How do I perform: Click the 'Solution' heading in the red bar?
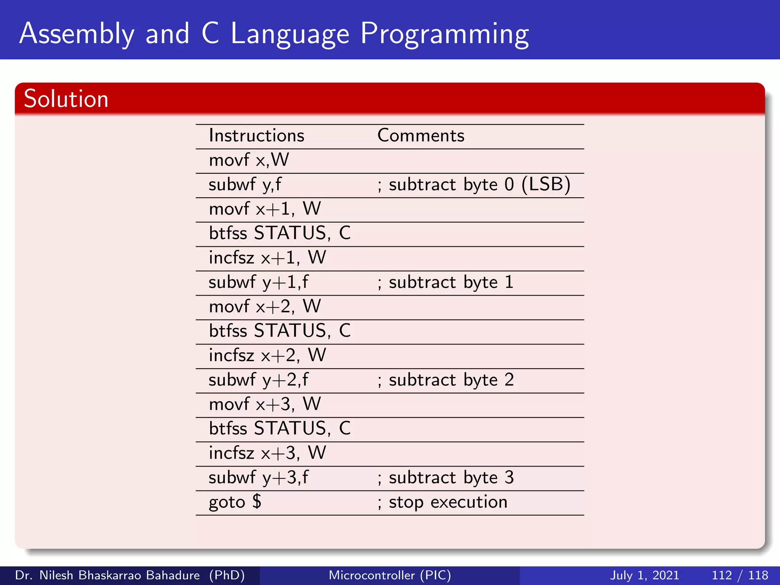point(66,99)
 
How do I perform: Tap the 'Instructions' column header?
point(257,136)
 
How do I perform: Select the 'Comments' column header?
point(421,136)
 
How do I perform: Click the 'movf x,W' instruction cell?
point(249,160)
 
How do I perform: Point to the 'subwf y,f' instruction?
point(245,185)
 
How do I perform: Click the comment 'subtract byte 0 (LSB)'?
point(474,185)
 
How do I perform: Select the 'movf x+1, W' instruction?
point(265,209)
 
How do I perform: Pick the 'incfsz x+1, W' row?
point(267,258)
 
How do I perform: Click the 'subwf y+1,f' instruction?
point(259,282)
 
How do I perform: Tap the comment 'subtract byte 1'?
point(446,282)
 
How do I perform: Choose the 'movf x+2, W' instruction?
point(265,307)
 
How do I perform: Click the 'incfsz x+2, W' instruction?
point(267,355)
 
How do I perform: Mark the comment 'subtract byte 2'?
point(446,380)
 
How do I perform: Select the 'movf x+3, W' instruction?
point(265,404)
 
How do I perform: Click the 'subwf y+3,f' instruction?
point(259,478)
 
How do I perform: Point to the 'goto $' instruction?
point(235,502)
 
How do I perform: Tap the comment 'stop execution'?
point(443,502)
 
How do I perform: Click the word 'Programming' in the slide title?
point(444,34)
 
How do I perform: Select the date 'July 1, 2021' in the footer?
point(644,575)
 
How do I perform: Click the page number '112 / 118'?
point(740,575)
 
